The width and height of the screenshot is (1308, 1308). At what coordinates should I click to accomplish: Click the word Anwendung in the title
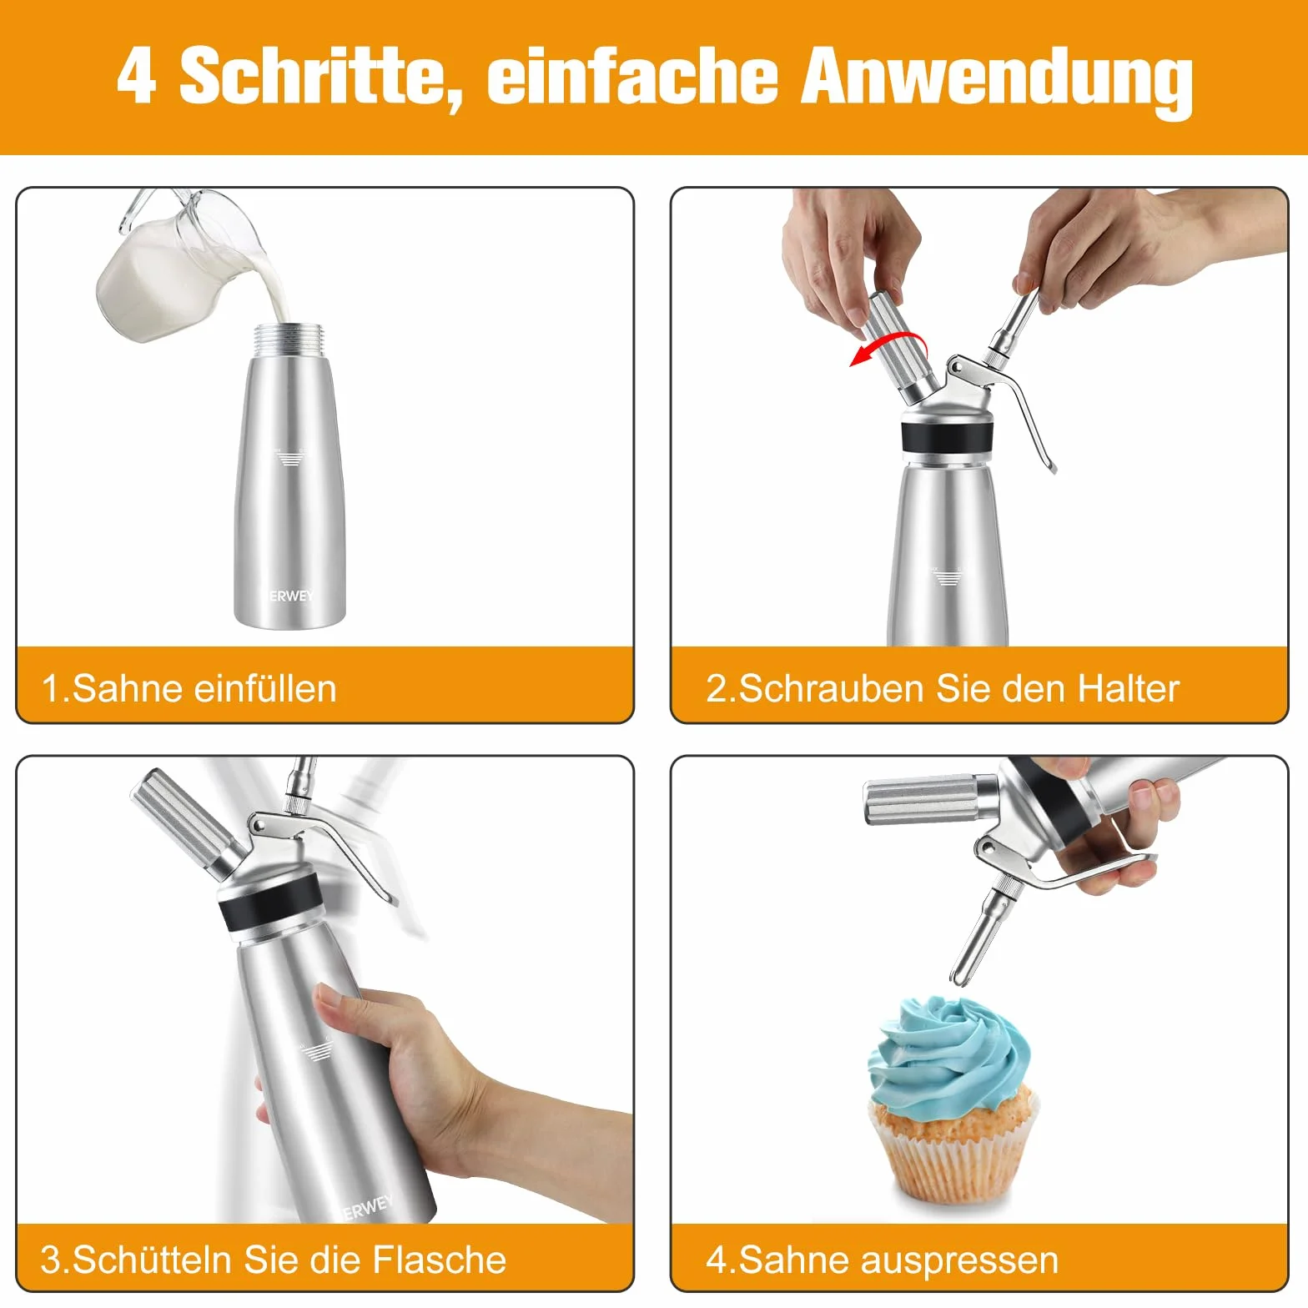pyautogui.click(x=997, y=79)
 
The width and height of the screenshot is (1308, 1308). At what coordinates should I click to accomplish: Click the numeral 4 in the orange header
pyautogui.click(x=136, y=76)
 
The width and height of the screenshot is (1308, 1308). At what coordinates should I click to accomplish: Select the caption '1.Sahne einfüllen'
pyautogui.click(x=189, y=689)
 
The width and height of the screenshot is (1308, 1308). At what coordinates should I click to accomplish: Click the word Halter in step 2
pyautogui.click(x=1128, y=689)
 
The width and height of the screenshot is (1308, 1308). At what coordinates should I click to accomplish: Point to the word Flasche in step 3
pyautogui.click(x=439, y=1259)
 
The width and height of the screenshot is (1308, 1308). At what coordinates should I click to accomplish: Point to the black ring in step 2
pyautogui.click(x=948, y=437)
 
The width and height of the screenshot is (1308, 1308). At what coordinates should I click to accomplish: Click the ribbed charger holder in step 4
pyautogui.click(x=921, y=798)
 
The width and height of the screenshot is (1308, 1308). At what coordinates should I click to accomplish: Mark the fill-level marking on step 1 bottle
pyautogui.click(x=289, y=456)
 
